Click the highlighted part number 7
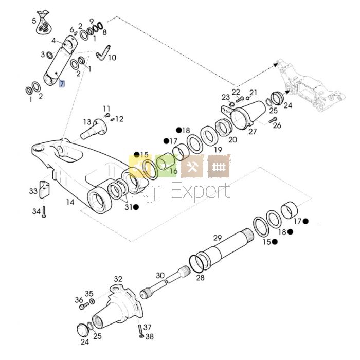pyautogui.click(x=62, y=83)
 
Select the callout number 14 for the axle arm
pyautogui.click(x=70, y=202)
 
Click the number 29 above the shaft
pyautogui.click(x=218, y=238)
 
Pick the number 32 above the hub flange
pyautogui.click(x=118, y=279)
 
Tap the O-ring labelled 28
pyautogui.click(x=196, y=262)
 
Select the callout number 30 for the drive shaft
pyautogui.click(x=160, y=275)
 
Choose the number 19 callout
pyautogui.click(x=218, y=150)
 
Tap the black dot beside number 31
pyautogui.click(x=135, y=207)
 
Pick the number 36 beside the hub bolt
pyautogui.click(x=79, y=300)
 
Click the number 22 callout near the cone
pyautogui.click(x=236, y=92)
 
